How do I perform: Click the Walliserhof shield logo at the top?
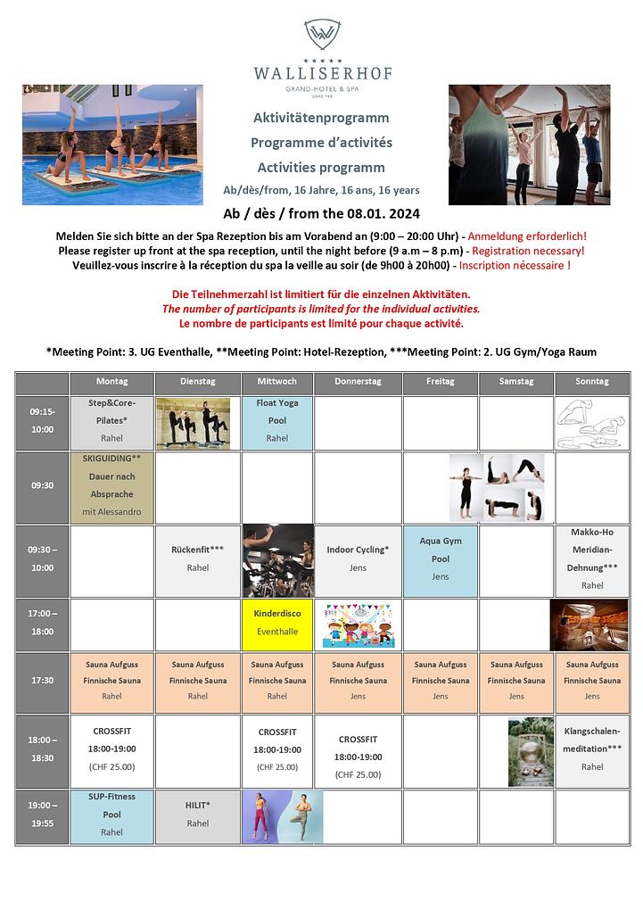(321, 35)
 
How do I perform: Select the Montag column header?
(111, 382)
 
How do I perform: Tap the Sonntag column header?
(592, 382)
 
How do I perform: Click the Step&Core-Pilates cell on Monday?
(111, 422)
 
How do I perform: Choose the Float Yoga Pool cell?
(277, 422)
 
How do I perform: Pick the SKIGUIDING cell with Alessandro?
(111, 486)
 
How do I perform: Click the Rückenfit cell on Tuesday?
(198, 559)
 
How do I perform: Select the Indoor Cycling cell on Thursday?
(358, 559)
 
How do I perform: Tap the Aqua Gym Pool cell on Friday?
(441, 559)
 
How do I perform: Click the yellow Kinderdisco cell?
(277, 623)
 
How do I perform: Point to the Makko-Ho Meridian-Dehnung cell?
(592, 559)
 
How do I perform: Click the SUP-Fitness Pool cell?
(111, 815)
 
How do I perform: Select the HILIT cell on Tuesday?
(198, 815)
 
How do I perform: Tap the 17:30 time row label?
(42, 680)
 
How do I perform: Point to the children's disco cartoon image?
(357, 624)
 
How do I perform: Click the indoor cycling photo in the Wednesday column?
(277, 559)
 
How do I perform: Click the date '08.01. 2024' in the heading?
(380, 215)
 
